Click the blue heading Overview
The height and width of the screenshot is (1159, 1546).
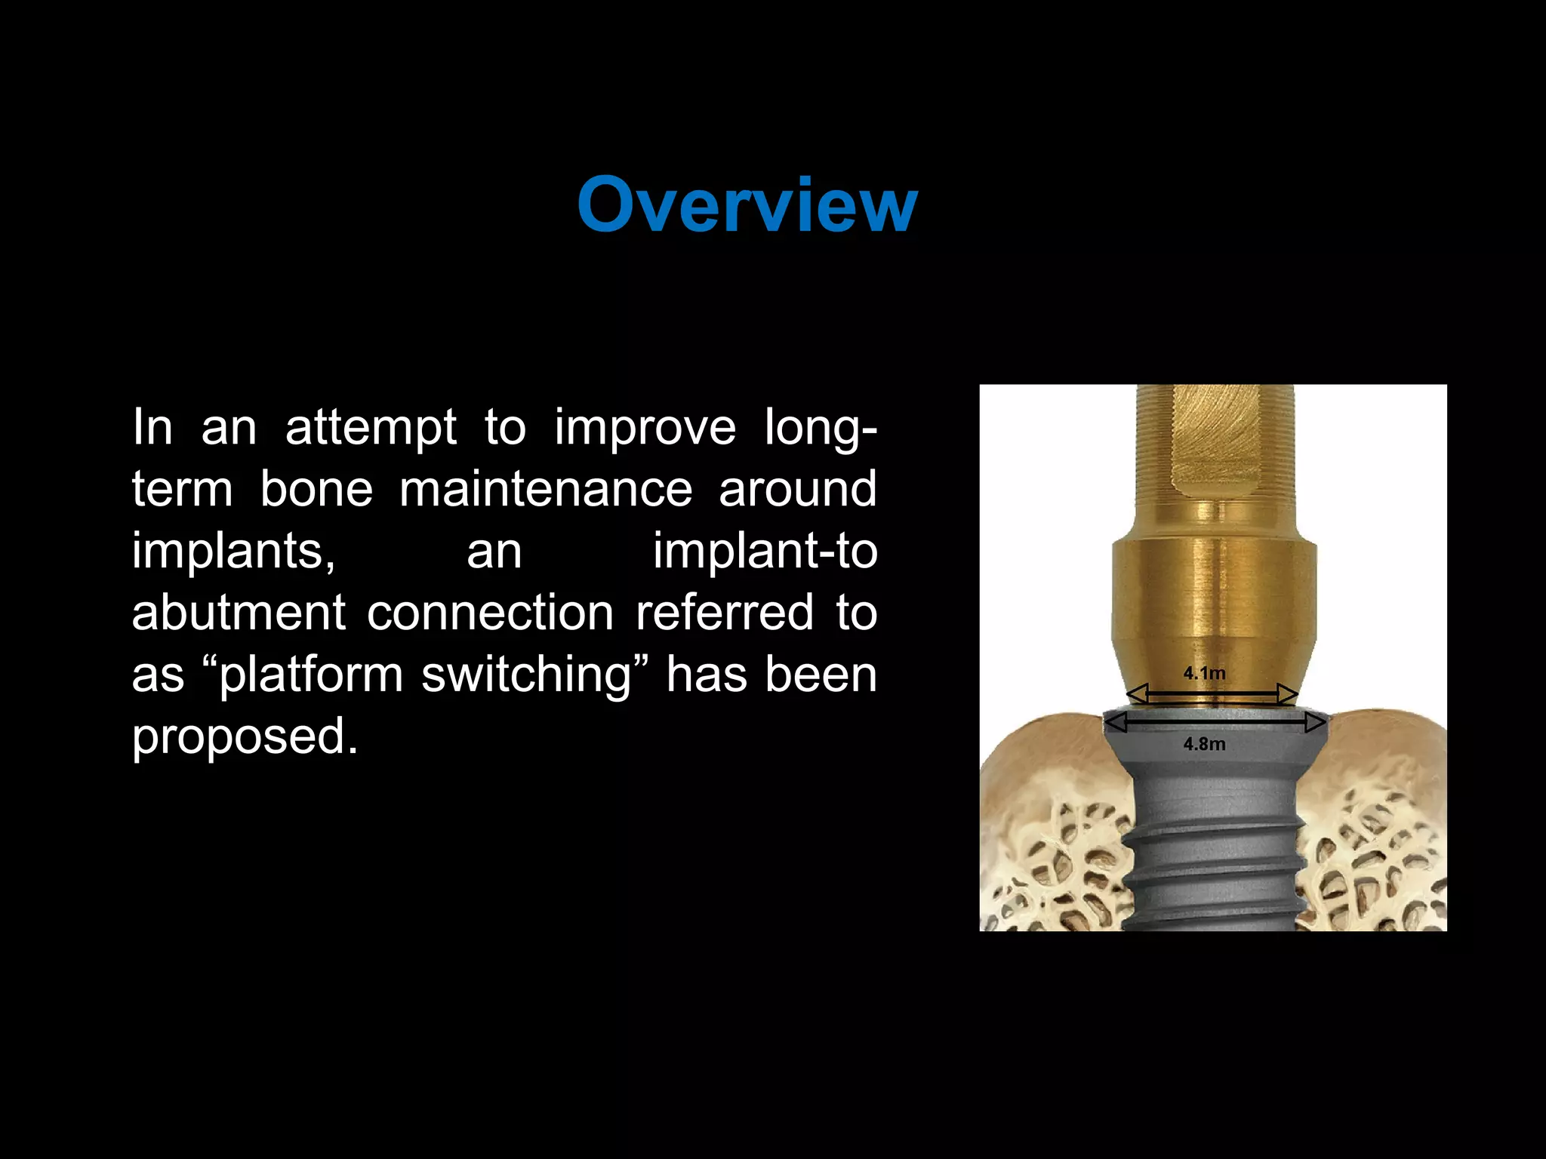747,204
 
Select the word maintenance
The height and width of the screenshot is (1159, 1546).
546,489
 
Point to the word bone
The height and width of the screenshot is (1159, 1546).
316,489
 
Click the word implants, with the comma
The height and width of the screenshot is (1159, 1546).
234,552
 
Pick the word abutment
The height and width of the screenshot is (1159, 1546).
239,612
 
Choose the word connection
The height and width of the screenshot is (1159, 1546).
490,612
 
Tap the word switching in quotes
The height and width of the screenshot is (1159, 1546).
525,675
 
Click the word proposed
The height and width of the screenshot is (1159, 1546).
245,736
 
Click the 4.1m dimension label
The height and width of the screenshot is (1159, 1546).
1204,673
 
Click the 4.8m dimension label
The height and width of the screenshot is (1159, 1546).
1204,744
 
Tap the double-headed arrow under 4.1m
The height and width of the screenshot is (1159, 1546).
1212,693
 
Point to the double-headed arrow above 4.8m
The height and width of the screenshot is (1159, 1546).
1215,723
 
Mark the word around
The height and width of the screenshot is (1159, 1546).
798,489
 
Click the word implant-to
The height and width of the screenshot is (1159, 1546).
765,551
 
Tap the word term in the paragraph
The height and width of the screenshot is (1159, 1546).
183,489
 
